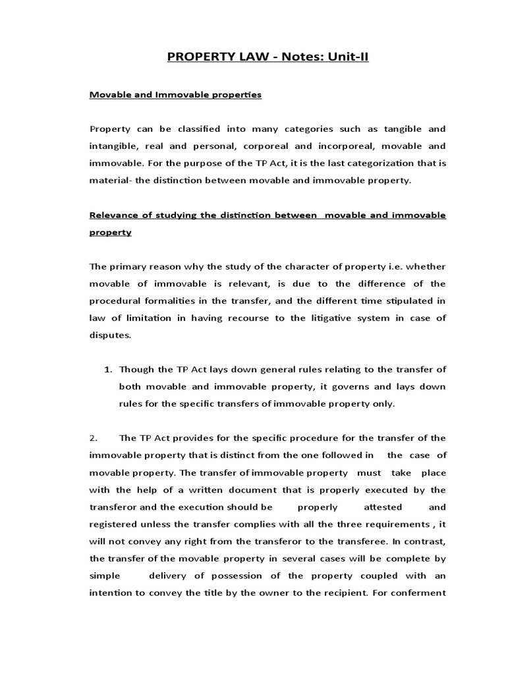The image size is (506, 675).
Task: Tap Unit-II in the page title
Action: tap(345, 57)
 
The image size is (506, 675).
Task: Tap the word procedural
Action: tap(115, 301)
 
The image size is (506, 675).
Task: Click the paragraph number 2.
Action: tap(94, 438)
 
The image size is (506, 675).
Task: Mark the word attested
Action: tap(383, 507)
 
